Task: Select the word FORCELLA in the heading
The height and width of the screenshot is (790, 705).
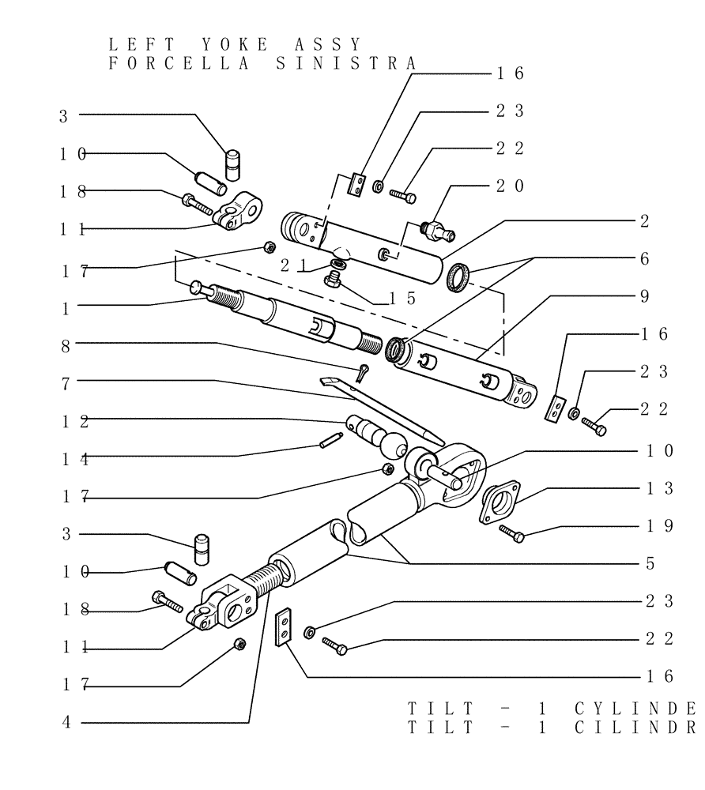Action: click(x=179, y=63)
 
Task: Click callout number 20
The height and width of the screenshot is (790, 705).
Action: click(x=510, y=186)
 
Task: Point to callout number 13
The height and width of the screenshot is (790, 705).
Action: click(x=658, y=489)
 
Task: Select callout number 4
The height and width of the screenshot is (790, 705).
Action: click(x=66, y=722)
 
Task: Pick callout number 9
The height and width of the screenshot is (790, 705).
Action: click(x=645, y=296)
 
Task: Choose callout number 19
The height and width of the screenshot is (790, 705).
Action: click(x=658, y=526)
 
